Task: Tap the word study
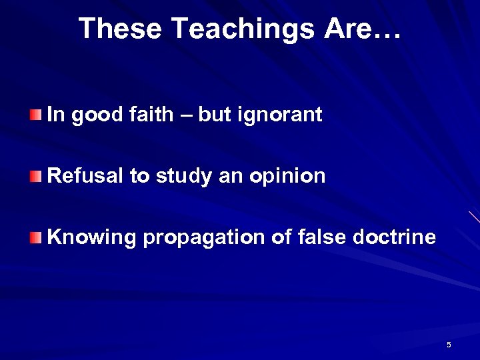pos(183,177)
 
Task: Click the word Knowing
pos(91,237)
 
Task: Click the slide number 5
pos(449,345)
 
